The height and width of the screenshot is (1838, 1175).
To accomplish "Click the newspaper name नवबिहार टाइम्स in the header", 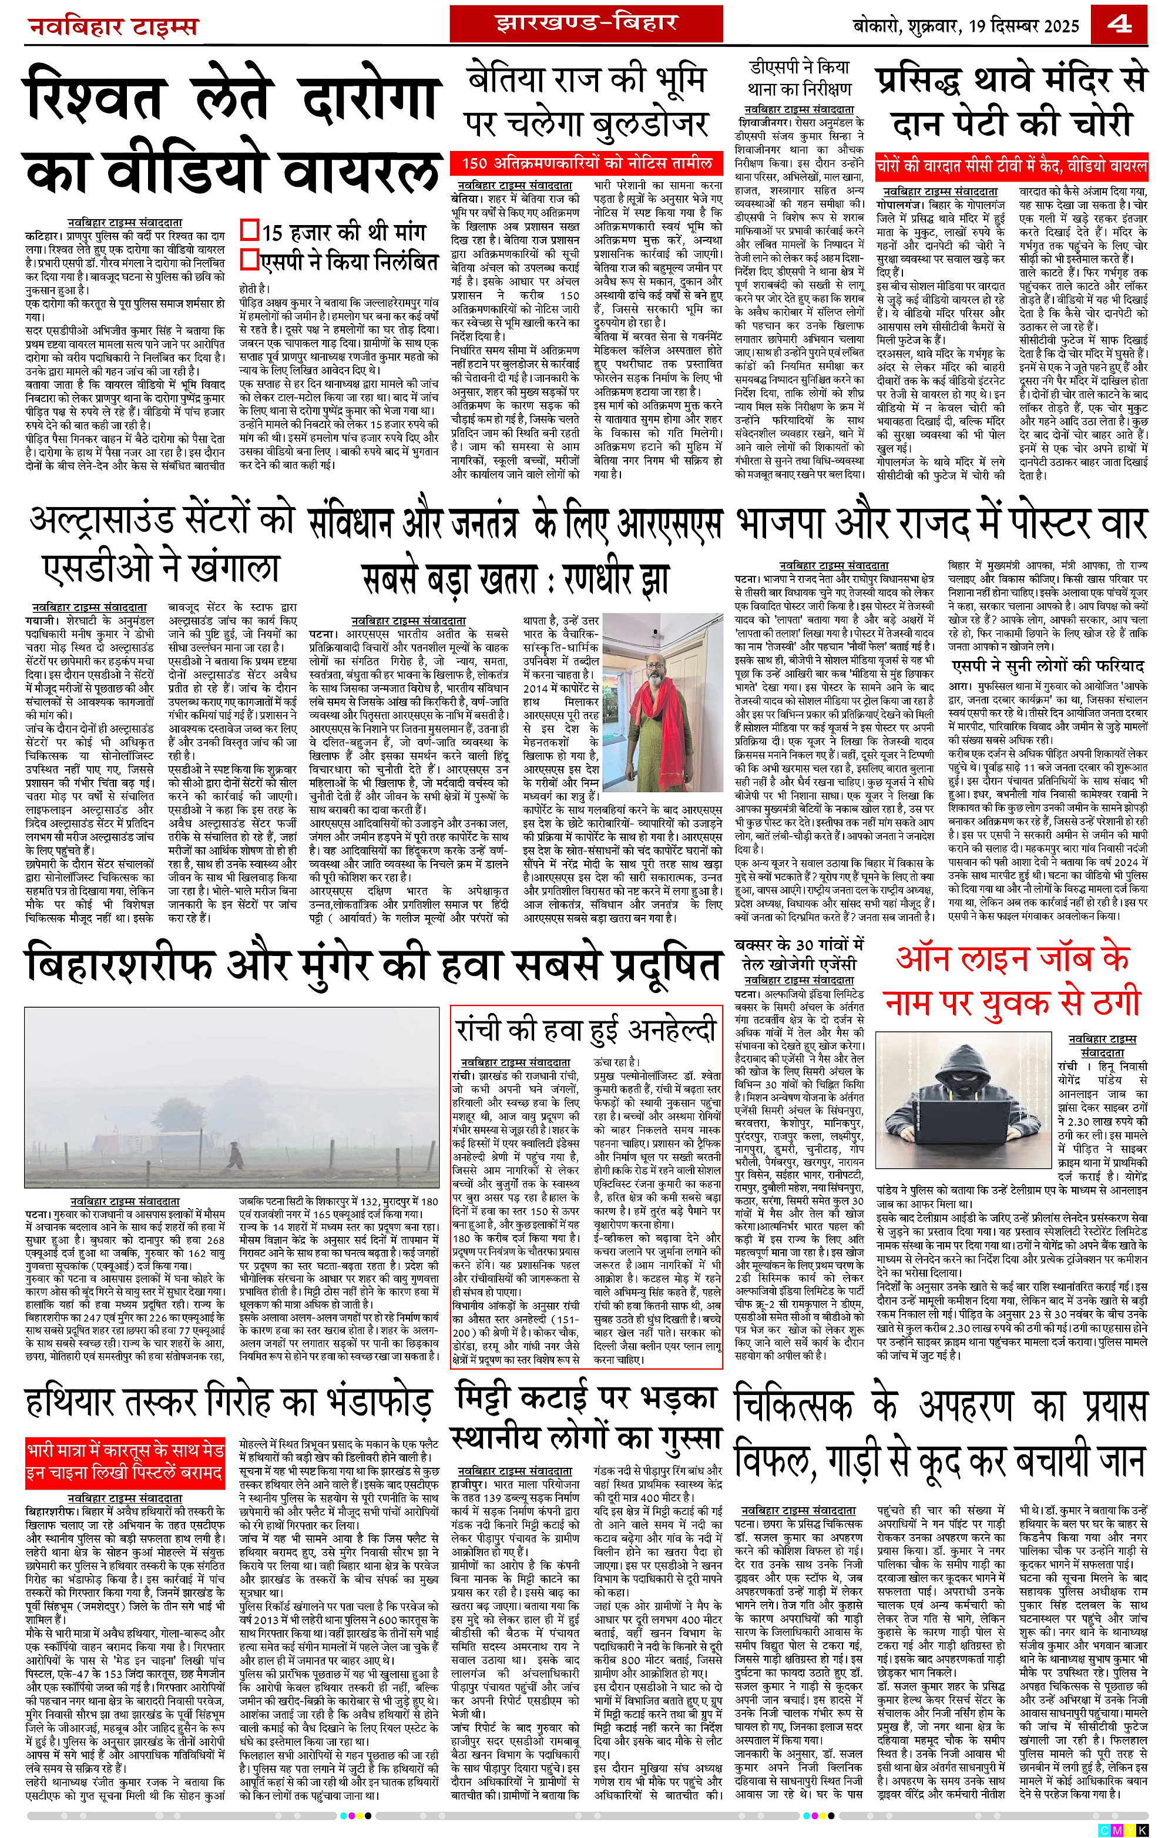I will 113,28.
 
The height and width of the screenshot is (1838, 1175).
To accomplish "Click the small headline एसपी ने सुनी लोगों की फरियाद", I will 1048,666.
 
